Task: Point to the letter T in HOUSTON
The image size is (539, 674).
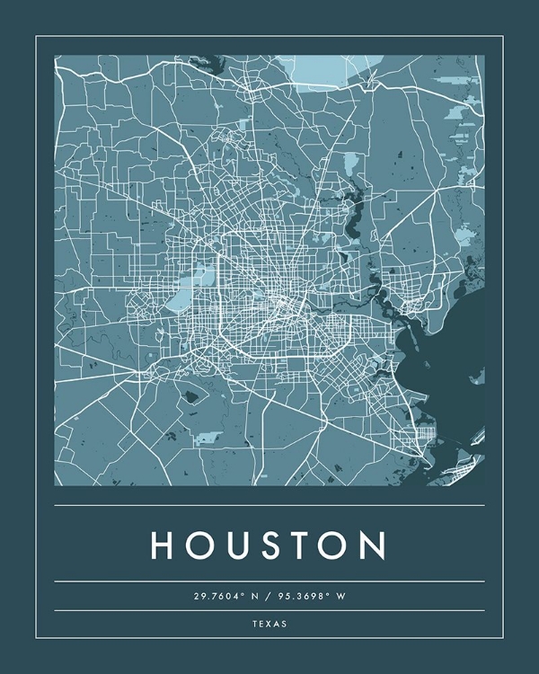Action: click(301, 545)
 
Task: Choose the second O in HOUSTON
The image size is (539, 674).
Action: click(336, 545)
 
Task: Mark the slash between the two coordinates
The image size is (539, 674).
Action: click(269, 596)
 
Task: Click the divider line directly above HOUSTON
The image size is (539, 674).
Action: click(269, 505)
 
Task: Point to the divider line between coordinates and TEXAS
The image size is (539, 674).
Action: click(269, 610)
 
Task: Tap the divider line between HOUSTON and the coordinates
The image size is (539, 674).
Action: click(269, 581)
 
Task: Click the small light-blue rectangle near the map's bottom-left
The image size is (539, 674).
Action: click(208, 438)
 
